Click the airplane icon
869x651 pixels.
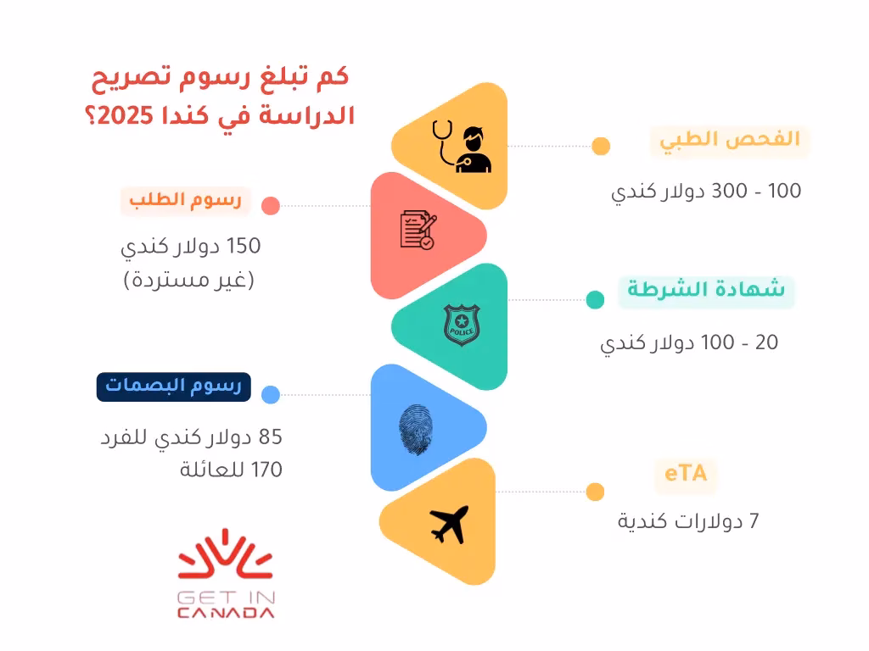pos(450,524)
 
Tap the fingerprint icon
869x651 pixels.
pos(416,430)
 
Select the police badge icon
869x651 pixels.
pos(462,325)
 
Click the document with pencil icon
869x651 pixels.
pos(418,229)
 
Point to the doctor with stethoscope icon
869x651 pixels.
pos(463,147)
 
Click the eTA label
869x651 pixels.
pos(686,474)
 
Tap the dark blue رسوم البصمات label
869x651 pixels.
pos(173,387)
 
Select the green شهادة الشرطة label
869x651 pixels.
pos(706,290)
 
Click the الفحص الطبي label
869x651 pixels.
pos(730,140)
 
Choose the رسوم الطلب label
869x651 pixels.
pos(186,200)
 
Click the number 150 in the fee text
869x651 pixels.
pos(244,246)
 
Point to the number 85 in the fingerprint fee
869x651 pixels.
pos(271,437)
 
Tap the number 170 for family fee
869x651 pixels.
pos(266,470)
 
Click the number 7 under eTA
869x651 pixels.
pos(754,521)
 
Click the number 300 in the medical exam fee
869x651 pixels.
pos(729,191)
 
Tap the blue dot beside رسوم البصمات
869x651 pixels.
pos(271,395)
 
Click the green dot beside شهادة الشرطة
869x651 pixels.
pos(595,299)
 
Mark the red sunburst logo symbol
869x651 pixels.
pos(225,555)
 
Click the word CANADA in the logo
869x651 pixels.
pos(226,613)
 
